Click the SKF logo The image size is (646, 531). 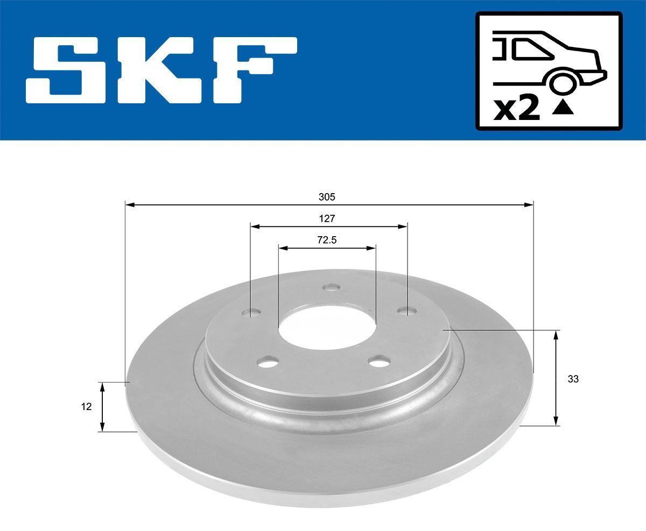point(162,70)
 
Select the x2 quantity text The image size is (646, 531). point(517,109)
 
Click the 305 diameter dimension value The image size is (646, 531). point(327,197)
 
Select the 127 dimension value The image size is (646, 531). point(327,219)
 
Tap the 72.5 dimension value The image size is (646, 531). point(327,240)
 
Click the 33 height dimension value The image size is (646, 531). point(573,379)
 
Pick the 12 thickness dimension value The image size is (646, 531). point(86,407)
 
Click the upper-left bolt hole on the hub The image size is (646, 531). point(252,312)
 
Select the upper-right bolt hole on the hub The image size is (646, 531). point(405,310)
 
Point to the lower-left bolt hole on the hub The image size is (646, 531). point(268,363)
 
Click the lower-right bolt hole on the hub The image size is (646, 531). point(381,362)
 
